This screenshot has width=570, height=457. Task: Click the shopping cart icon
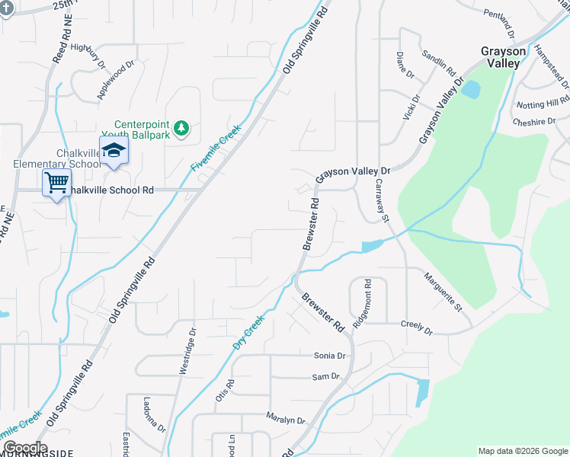pyautogui.click(x=56, y=183)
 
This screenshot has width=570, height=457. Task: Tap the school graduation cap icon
pyautogui.click(x=114, y=149)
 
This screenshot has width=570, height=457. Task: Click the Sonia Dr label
pyautogui.click(x=330, y=356)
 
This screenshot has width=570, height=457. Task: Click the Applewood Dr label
pyautogui.click(x=115, y=79)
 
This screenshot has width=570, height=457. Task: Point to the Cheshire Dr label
pyautogui.click(x=534, y=122)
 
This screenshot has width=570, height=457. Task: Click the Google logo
pyautogui.click(x=25, y=449)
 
